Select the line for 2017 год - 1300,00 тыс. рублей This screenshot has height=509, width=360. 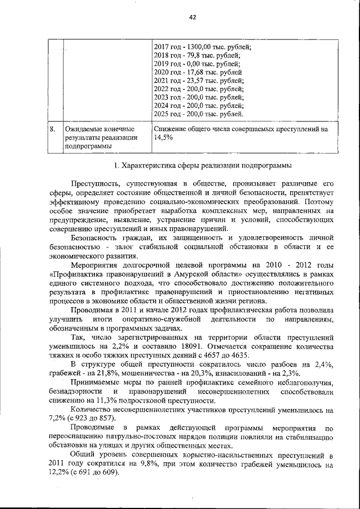coord(202,47)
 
